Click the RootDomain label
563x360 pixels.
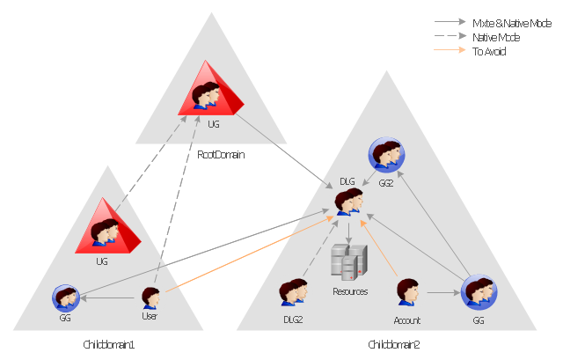pos(220,154)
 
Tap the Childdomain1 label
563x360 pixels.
pos(107,344)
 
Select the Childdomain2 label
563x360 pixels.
pos(394,344)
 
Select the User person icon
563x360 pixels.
pos(150,298)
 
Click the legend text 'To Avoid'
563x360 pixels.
pos(489,51)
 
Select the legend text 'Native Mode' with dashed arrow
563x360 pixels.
pos(495,37)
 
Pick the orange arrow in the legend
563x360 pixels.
pos(450,51)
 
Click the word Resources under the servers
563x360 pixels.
pos(349,290)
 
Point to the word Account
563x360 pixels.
pos(407,320)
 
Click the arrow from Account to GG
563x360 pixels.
pos(442,292)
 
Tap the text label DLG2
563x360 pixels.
pos(292,320)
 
